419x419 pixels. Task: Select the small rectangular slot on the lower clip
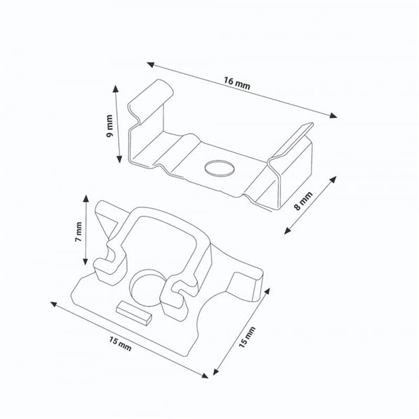tap(132, 311)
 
